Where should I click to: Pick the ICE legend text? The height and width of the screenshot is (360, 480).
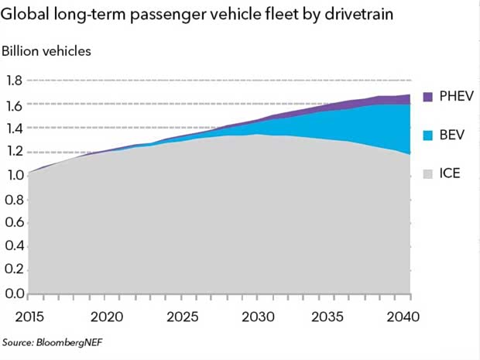pos(450,173)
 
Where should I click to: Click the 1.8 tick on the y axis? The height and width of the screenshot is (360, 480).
pos(14,81)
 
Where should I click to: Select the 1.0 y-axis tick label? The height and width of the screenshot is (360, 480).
pos(14,175)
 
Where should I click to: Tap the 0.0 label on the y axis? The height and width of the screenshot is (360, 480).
pos(14,293)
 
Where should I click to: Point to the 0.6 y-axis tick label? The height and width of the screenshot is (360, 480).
pos(14,222)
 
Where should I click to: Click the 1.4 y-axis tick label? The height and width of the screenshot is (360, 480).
pos(14,128)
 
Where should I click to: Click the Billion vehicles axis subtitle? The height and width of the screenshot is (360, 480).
pos(46,51)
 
